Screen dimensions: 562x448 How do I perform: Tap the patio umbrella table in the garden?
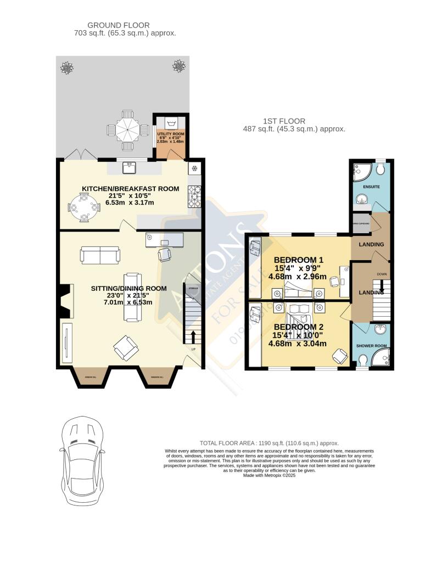point(128,130)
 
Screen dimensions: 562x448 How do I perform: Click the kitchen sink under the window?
point(130,164)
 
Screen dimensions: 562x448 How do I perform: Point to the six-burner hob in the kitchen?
point(195,197)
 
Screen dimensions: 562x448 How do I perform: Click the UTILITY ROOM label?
point(170,134)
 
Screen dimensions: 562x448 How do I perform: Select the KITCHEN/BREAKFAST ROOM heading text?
point(131,189)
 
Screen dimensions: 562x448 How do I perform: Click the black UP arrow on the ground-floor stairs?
point(193,335)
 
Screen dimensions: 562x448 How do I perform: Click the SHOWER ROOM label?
point(371,346)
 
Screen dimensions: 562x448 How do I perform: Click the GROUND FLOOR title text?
point(119,25)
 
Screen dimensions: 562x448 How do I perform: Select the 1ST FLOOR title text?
point(285,121)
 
